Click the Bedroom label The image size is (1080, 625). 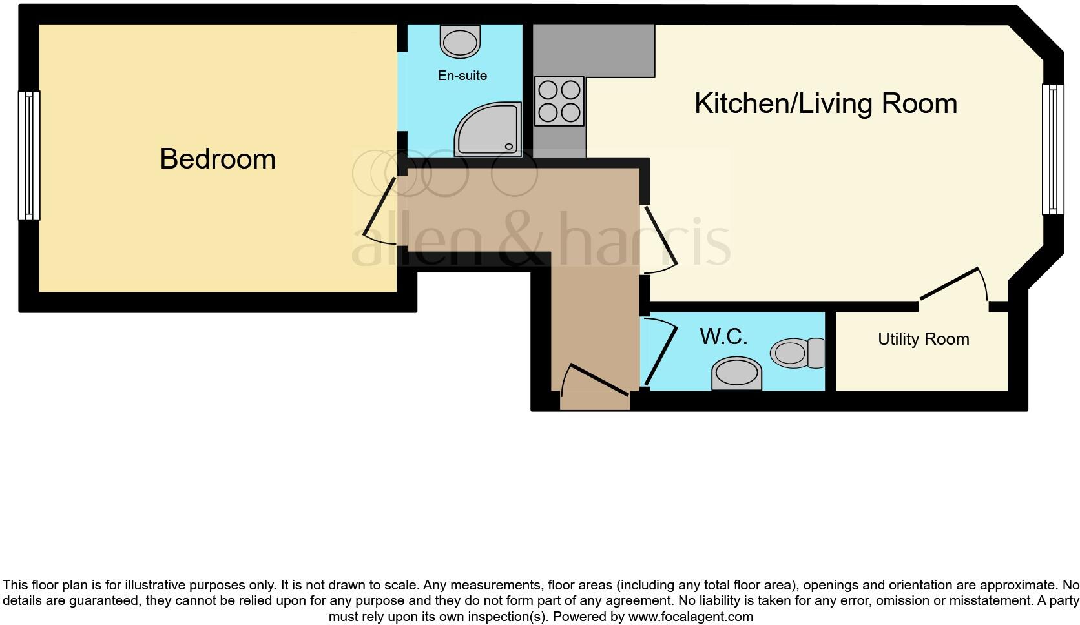(x=218, y=159)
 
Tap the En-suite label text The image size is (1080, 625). (x=462, y=76)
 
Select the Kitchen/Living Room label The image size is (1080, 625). (x=826, y=103)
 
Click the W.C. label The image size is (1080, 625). (x=723, y=336)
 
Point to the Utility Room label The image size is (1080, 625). (x=923, y=339)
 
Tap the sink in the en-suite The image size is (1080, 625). (x=461, y=41)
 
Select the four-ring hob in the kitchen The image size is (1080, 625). (x=559, y=101)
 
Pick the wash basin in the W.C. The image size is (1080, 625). (x=736, y=374)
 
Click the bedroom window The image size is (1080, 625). (x=28, y=155)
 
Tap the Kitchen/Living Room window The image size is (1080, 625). (x=1053, y=149)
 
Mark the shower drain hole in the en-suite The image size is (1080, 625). (x=509, y=147)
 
